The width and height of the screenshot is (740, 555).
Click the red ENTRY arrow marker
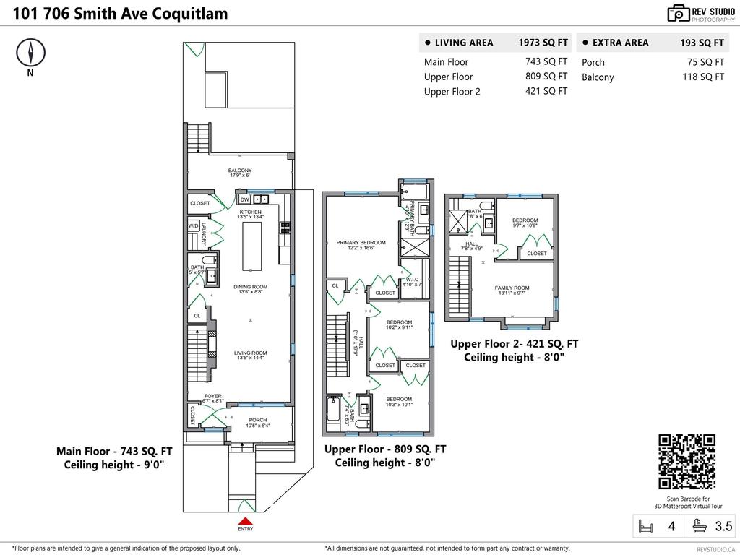(x=245, y=521)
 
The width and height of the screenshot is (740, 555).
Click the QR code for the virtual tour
(x=687, y=462)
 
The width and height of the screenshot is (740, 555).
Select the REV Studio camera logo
(x=678, y=13)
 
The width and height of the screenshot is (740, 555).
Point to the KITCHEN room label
(x=251, y=212)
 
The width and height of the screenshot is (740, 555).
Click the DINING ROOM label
(x=251, y=287)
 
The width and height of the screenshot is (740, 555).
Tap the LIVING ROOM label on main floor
(x=251, y=353)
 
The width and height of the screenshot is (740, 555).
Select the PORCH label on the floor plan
(x=257, y=420)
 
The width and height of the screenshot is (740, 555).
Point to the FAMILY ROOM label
(x=512, y=288)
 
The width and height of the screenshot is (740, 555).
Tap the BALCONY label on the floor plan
(x=240, y=171)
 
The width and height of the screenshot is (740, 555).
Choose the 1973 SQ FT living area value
(x=543, y=43)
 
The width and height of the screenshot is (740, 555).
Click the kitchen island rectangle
(x=251, y=245)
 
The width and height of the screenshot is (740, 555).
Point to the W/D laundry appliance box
(x=194, y=226)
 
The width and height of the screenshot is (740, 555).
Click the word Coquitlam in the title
(x=191, y=13)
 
